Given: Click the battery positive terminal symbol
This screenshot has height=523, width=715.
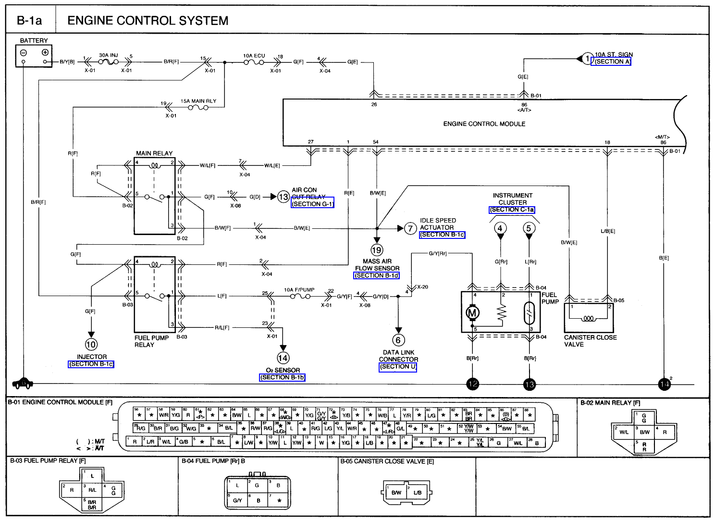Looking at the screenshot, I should [45, 52].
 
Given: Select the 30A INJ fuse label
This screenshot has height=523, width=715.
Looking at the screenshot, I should [108, 55].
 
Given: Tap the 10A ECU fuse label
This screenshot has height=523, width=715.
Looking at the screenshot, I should [254, 56].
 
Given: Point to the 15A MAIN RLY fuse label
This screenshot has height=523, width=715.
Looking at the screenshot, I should [198, 101].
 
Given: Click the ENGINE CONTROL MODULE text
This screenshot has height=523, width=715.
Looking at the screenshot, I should [484, 124].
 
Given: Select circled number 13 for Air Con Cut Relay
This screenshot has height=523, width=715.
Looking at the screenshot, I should [284, 197].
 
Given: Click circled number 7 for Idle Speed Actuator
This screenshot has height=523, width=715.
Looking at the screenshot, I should [410, 228].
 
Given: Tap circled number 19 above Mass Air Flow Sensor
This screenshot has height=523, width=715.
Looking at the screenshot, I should [377, 250].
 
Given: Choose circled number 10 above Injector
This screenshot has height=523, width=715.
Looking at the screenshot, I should [91, 344].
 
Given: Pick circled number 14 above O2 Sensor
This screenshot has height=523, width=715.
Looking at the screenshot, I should [283, 358].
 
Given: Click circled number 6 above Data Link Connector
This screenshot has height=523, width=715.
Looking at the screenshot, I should [398, 340].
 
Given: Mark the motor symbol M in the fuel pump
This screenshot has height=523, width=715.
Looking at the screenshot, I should [472, 313].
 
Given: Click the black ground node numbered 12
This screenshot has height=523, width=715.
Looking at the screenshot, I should [473, 384].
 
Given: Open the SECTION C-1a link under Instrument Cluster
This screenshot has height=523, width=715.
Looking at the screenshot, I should [512, 210].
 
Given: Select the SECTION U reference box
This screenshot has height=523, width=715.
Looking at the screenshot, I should [398, 367].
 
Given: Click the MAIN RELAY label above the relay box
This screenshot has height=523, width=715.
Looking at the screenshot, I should [154, 153].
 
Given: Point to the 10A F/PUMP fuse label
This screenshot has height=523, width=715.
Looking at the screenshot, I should [299, 290].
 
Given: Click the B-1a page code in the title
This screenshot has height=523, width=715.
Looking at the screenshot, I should [29, 21].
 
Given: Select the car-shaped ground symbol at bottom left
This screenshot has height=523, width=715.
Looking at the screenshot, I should [23, 383].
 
